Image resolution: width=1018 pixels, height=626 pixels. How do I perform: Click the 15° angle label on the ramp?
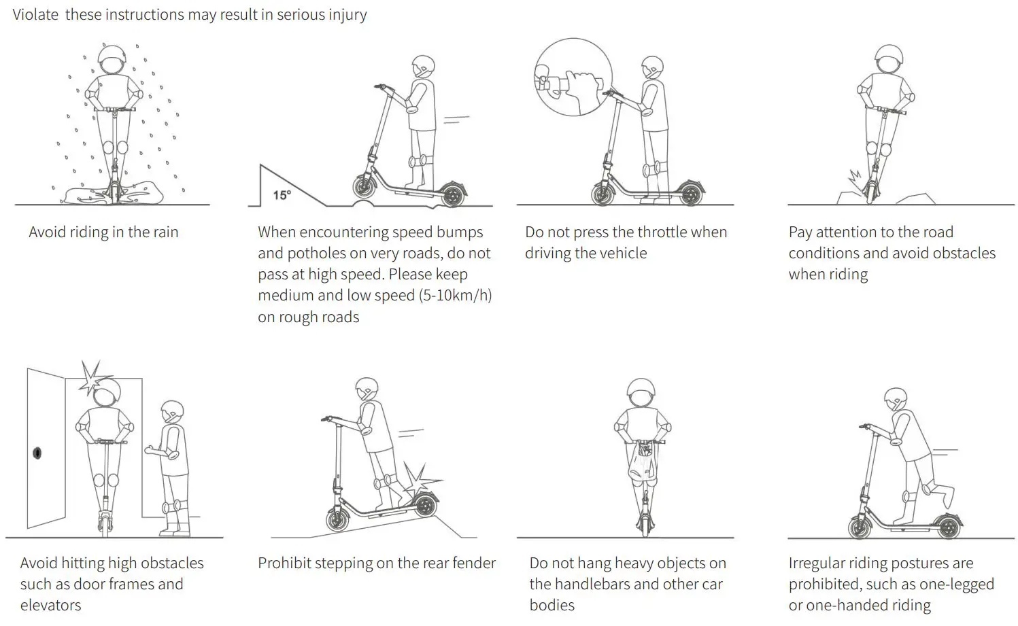(x=282, y=195)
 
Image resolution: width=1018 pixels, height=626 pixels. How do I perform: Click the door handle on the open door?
(x=37, y=453)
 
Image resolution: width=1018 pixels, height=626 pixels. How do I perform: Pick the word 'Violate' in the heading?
(x=35, y=14)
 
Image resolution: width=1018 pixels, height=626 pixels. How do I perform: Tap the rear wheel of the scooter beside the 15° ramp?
(x=451, y=194)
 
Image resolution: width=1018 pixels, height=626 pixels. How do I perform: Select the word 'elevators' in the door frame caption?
(x=50, y=605)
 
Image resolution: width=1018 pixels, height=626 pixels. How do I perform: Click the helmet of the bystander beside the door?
(x=172, y=412)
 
